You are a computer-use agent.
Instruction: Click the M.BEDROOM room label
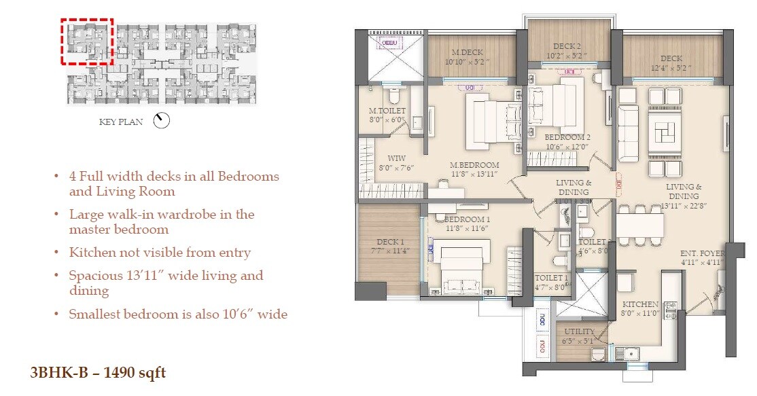[474, 165]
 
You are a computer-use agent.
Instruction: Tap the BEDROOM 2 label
[568, 137]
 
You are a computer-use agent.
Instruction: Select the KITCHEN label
[639, 304]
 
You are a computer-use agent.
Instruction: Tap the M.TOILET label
[387, 111]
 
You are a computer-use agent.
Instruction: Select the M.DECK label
[466, 52]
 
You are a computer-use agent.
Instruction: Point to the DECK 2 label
[566, 46]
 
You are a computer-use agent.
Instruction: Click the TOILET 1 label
[550, 278]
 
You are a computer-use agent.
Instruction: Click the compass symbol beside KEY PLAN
[162, 121]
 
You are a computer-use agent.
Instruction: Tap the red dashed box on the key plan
[87, 41]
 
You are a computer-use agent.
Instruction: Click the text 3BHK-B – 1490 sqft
[98, 372]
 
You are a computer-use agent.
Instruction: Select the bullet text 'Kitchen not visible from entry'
[160, 253]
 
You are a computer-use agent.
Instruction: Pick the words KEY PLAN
[121, 123]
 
